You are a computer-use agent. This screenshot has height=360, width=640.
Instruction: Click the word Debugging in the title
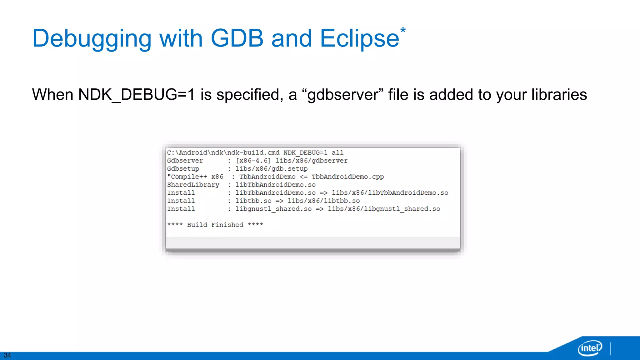click(x=92, y=39)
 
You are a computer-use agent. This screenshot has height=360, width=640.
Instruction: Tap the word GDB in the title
click(x=237, y=38)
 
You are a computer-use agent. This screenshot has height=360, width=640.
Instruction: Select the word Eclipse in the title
click(x=359, y=39)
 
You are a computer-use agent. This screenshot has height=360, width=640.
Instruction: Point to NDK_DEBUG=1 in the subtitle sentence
click(x=136, y=95)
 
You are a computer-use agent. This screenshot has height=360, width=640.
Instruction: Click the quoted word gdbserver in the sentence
click(x=343, y=95)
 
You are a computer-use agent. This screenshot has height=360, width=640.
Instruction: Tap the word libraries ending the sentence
click(x=559, y=95)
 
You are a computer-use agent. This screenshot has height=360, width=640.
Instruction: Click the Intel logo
click(x=590, y=348)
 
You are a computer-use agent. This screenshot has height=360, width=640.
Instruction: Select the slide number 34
click(x=7, y=355)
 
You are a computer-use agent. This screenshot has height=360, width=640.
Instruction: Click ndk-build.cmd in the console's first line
click(x=253, y=152)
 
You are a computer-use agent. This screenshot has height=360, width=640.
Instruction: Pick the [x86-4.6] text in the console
click(x=253, y=161)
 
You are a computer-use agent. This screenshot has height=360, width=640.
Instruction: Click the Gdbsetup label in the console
click(x=183, y=169)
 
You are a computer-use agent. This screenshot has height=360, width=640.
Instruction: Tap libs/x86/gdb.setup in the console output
click(x=271, y=169)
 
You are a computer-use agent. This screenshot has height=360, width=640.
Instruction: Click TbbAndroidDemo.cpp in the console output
click(x=347, y=177)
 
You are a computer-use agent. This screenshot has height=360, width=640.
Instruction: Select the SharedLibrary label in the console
click(x=193, y=185)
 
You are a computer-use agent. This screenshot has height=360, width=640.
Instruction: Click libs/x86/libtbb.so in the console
click(x=323, y=201)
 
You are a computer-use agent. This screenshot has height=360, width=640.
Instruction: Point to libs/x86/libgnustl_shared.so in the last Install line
click(x=384, y=209)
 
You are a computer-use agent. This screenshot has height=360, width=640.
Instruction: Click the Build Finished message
click(x=215, y=225)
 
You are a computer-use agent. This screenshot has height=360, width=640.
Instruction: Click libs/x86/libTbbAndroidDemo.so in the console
click(x=390, y=193)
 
